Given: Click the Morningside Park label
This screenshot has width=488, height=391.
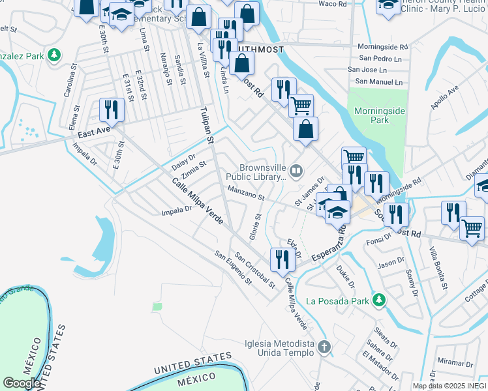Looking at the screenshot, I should click(x=380, y=115).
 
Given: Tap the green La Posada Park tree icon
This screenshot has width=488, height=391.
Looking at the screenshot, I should click(x=377, y=300).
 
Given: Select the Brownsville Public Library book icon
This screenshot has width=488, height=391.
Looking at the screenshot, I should click(x=296, y=171).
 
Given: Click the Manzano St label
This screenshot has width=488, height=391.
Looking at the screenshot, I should click(x=245, y=194).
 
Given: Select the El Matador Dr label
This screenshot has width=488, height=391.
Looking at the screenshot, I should click(x=380, y=367).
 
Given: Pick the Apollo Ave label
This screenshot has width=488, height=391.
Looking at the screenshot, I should click(x=444, y=96).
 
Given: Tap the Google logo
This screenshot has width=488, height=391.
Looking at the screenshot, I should click(x=22, y=383).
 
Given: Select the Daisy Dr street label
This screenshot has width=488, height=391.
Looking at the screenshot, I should click(x=183, y=159).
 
